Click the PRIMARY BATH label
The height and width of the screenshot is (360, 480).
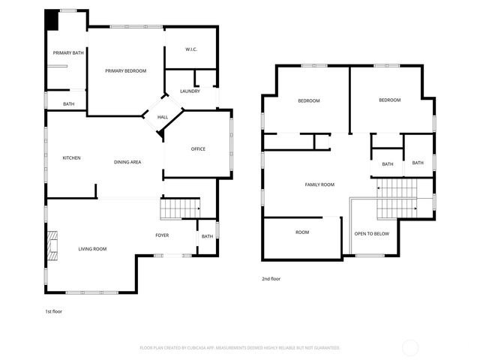[x=67, y=52]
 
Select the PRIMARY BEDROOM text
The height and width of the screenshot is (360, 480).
[x=125, y=70]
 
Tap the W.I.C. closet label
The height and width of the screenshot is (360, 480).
[x=190, y=49]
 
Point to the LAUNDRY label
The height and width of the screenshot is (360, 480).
[x=190, y=91]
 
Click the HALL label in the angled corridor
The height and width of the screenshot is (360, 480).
[x=163, y=117]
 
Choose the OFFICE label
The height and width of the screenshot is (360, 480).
[x=198, y=148]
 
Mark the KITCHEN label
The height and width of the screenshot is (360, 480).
[x=71, y=157]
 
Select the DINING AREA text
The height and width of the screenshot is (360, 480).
[x=127, y=162]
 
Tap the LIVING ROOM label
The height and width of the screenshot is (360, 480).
[x=92, y=248]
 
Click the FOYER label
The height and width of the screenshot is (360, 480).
[x=162, y=235]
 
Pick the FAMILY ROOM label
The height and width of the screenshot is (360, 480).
[x=319, y=184]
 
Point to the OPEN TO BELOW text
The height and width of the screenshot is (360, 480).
[x=372, y=233]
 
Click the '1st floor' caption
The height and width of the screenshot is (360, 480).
[x=54, y=310]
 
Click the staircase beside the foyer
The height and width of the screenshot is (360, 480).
[x=181, y=208]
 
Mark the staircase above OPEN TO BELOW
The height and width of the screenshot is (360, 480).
[x=395, y=196]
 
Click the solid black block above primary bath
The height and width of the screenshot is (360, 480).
[x=50, y=19]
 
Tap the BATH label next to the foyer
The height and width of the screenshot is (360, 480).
[x=206, y=237]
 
